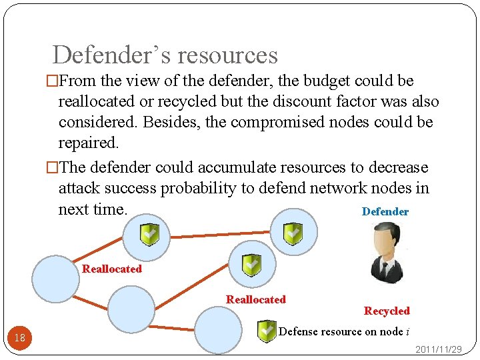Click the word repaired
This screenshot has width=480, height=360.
point(84,143)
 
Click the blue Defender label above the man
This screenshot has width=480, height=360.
point(385,211)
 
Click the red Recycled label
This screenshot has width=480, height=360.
point(387,311)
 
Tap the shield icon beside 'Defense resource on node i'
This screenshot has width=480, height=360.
point(267,331)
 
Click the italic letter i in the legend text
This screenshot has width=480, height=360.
point(407,331)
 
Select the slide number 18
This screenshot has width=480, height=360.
point(20,337)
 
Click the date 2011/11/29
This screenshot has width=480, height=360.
point(439,349)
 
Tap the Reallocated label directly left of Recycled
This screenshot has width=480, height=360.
point(255,299)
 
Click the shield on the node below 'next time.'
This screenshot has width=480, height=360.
point(149,234)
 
